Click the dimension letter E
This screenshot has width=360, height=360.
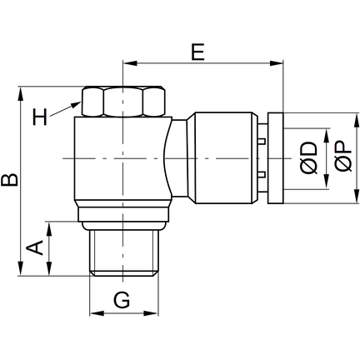coord(198,52)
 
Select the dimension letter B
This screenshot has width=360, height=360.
coord(9,180)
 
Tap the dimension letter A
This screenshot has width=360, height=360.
coord(35,247)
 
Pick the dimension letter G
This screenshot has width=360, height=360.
coord(122,300)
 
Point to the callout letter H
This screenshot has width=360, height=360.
coord(40,117)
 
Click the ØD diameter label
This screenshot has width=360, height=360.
coord(308,158)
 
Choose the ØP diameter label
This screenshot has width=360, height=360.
coord(343,157)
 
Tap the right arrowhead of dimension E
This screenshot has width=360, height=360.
coord(277,63)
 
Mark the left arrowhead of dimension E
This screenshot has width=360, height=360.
coord(129,63)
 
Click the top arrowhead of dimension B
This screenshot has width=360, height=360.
coord(21,93)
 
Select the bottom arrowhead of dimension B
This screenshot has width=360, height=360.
coord(21,269)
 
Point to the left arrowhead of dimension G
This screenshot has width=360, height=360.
coord(97,313)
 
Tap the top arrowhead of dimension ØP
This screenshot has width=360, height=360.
coord(357,120)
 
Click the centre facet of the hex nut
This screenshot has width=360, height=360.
coord(123,102)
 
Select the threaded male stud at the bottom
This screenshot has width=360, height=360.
coord(123,253)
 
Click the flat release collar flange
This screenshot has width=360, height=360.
coord(276,158)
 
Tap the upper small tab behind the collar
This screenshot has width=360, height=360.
coord(262,141)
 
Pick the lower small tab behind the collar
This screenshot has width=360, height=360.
coord(262,175)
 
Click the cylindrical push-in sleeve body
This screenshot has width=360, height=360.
coord(225,158)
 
